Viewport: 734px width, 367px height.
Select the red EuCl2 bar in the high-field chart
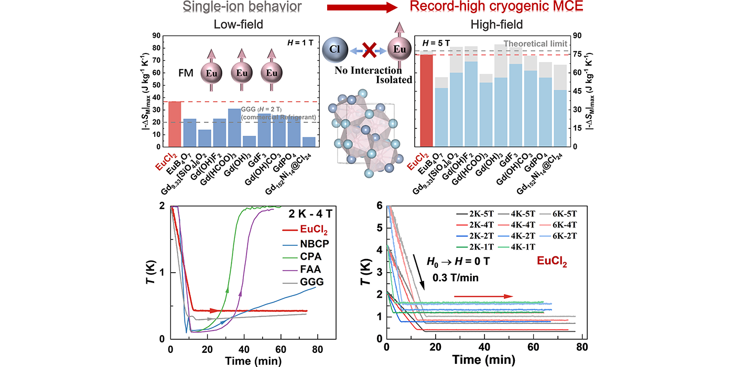[426, 100]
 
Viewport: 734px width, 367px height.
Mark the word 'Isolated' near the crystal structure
[394, 80]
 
